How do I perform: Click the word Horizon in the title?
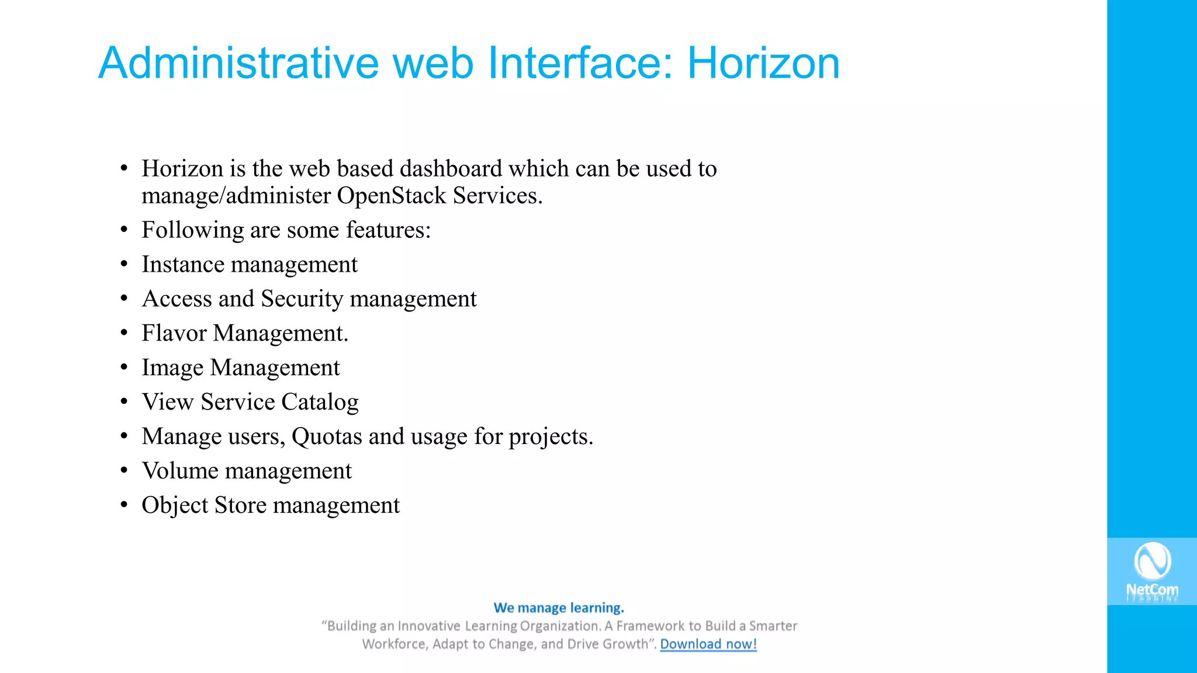pyautogui.click(x=763, y=63)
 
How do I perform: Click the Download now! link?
pyautogui.click(x=708, y=644)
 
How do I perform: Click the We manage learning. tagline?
pyautogui.click(x=559, y=608)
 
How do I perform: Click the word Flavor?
pyautogui.click(x=174, y=334)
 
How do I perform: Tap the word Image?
pyautogui.click(x=172, y=368)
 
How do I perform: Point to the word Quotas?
pyautogui.click(x=327, y=437)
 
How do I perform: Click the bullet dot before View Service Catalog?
pyautogui.click(x=124, y=402)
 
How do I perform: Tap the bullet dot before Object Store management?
pyautogui.click(x=124, y=505)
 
